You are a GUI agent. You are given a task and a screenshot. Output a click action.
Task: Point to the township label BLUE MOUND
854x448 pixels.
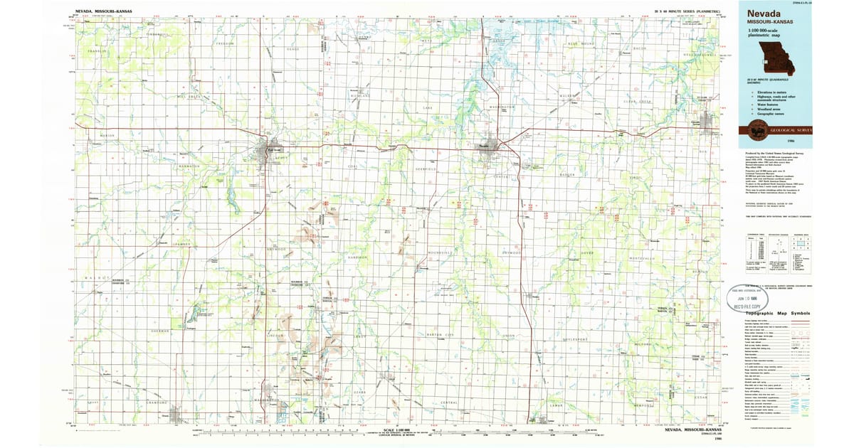pyautogui.click(x=581, y=44)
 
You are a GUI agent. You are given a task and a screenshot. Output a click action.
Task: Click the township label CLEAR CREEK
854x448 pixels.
pyautogui.click(x=637, y=102)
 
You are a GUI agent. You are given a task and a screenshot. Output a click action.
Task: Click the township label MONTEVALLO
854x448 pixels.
pyautogui.click(x=641, y=257)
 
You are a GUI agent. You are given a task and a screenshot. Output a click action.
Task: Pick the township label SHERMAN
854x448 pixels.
pyautogui.click(x=161, y=331)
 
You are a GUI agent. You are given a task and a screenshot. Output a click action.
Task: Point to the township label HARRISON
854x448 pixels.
pyautogui.click(x=357, y=257)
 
